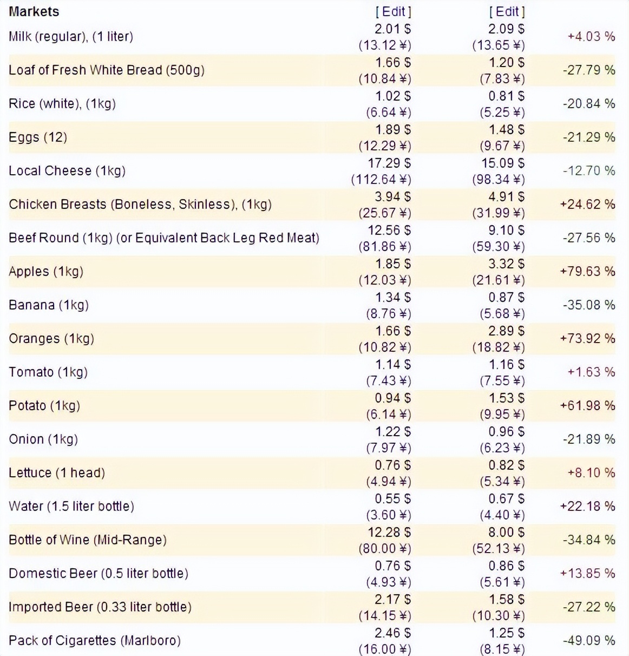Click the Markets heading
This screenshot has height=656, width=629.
point(34,11)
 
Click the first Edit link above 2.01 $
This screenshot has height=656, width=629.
point(393,11)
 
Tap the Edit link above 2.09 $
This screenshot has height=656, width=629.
point(507,11)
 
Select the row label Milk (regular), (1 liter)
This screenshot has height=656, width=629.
point(71,37)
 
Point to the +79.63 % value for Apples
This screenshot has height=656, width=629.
point(587,271)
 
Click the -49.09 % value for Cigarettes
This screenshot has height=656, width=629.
point(589,640)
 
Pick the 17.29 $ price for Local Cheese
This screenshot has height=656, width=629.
point(389,163)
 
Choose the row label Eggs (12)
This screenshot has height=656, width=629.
point(38,137)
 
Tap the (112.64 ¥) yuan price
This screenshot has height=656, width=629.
point(381,179)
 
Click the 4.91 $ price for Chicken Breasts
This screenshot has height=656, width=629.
point(506,196)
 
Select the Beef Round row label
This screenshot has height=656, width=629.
point(164,238)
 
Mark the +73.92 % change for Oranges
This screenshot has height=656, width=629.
point(587,338)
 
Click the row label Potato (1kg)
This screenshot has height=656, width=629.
point(44,405)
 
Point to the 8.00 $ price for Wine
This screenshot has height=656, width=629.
point(506,532)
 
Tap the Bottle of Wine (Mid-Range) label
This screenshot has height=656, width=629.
point(88,540)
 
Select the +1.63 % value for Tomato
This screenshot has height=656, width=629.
point(591,372)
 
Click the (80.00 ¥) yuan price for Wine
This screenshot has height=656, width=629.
point(385,548)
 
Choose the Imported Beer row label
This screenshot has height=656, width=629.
point(100,607)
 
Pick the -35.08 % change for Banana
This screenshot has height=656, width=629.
point(589,305)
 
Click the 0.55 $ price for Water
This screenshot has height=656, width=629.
point(392,498)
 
